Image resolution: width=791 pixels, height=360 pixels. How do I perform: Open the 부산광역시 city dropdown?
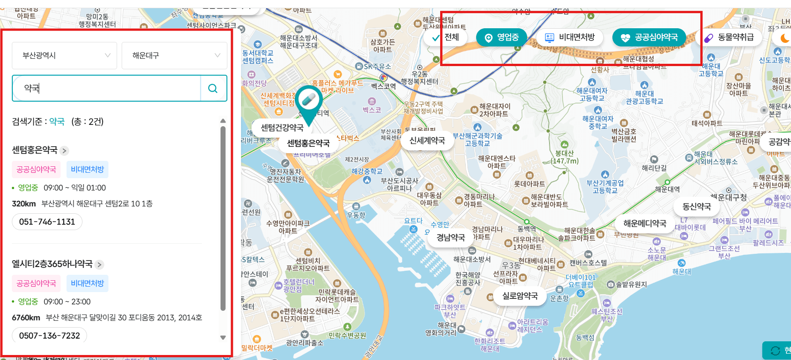64,56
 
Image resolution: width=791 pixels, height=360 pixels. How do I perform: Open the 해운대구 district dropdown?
174,56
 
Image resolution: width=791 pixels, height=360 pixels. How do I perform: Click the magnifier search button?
213,88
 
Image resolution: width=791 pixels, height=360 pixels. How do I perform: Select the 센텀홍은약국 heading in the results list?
35,150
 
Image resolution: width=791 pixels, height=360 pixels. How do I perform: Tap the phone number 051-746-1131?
47,222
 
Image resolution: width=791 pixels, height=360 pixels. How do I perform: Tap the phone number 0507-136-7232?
49,336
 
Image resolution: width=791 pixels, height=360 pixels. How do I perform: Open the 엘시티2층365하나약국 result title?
52,264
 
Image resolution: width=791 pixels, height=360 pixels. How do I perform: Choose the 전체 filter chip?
446,37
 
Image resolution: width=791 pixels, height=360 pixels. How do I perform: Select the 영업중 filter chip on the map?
501,37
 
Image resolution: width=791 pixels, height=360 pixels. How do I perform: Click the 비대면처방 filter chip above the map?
570,37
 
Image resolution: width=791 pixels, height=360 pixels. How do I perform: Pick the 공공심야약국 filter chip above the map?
649,37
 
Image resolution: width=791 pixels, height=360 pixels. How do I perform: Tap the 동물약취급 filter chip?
730,37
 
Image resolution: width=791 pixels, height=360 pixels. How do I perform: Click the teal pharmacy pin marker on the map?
308,102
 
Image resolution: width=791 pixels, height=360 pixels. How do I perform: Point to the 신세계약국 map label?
427,141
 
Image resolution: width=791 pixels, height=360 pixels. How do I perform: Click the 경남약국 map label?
451,237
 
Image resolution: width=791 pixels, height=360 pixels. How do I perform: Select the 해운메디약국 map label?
644,223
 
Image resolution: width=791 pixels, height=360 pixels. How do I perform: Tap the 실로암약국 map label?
520,296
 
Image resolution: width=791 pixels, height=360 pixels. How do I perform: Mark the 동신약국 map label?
696,206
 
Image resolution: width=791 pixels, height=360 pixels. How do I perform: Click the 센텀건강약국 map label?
282,128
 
